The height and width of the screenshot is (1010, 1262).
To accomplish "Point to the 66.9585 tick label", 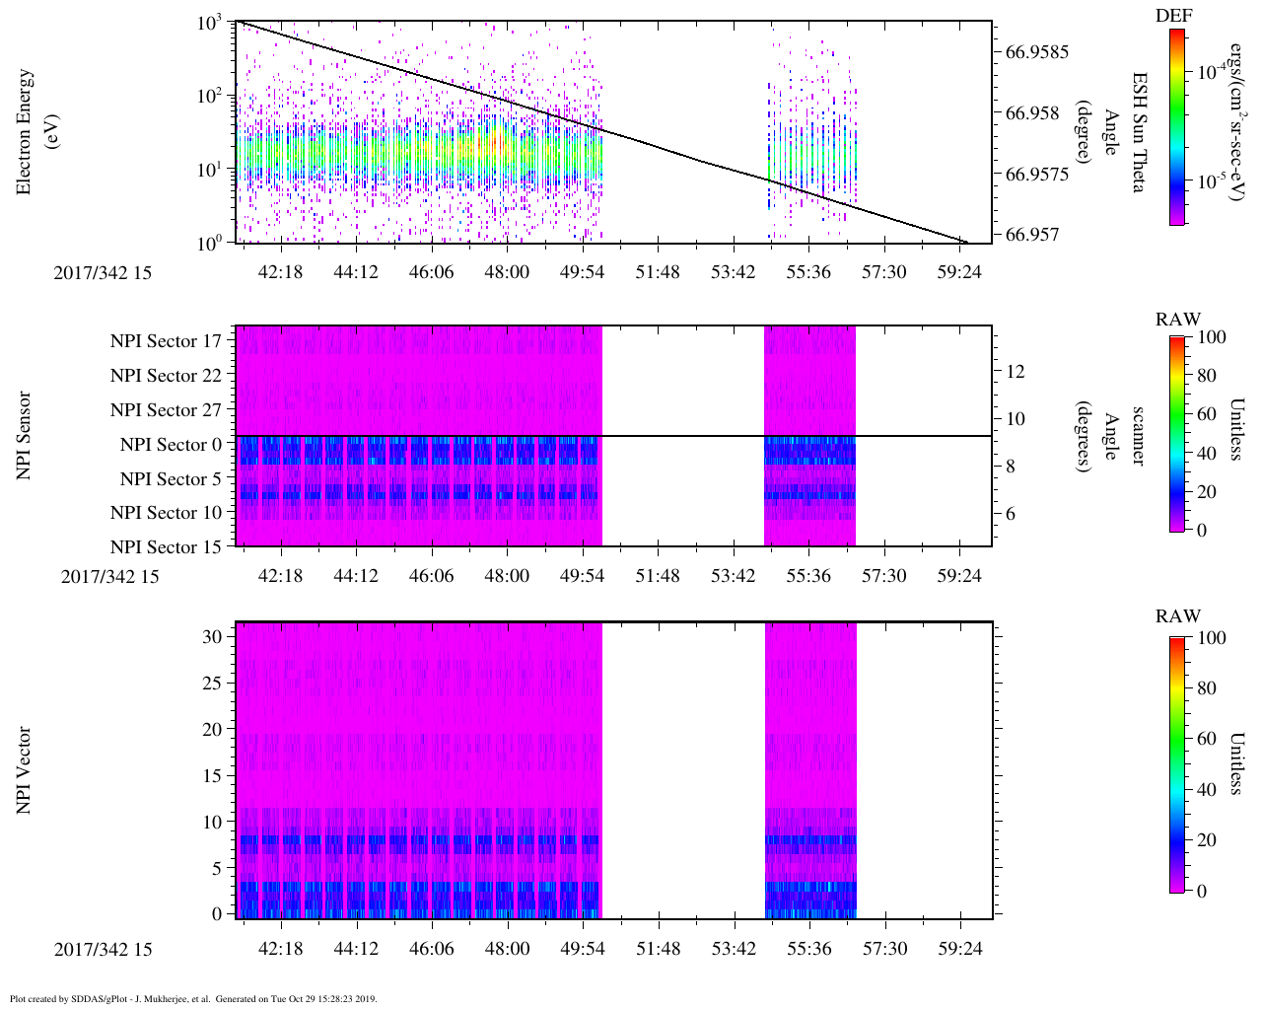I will coord(1037,51).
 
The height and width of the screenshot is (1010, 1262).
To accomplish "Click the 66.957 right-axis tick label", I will coord(1033,235).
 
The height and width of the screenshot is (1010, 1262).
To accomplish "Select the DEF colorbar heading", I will coord(1174,15).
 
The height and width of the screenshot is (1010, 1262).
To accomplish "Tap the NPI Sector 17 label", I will coord(166,341).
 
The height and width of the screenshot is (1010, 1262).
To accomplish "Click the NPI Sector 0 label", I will coord(171,445).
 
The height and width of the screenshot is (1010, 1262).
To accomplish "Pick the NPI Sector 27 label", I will coord(166,410).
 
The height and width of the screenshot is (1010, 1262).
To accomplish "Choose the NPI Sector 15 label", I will coord(166,547).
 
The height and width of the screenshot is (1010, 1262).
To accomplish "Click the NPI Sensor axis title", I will coord(25,436).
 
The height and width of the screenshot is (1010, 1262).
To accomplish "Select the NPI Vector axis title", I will coord(25,770).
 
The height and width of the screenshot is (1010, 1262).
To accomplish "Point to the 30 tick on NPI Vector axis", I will coord(212,637).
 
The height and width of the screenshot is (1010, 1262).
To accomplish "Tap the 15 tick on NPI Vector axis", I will coord(212,776).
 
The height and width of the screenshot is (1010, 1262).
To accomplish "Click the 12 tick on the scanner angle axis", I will coord(1016,372).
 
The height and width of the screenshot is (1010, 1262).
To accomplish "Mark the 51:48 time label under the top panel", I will coord(658,272).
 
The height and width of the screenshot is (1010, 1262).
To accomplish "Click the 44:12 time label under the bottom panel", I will coord(356,949).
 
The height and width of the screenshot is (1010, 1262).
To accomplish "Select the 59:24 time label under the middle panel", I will coord(960,576).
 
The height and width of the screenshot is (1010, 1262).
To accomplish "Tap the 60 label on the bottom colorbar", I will coord(1205,739).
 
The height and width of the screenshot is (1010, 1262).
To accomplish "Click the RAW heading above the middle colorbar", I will coord(1178,320).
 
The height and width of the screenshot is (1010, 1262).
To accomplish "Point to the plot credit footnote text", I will coord(193,998).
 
